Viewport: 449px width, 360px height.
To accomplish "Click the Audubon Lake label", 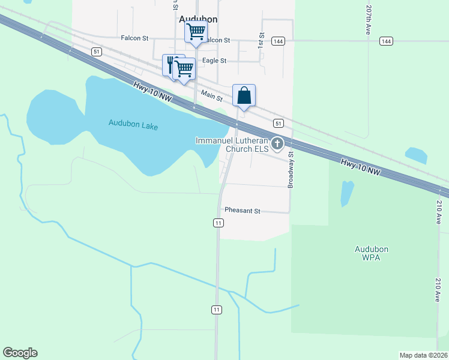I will coord(133,124).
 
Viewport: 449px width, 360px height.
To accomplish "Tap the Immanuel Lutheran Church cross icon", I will coord(277,143).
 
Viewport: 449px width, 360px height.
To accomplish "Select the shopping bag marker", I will coord(244,96).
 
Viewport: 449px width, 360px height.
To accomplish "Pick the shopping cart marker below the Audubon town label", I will coord(196,32).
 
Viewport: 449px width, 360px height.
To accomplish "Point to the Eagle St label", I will coord(214,61).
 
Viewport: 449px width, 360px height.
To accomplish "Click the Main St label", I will coord(212,95).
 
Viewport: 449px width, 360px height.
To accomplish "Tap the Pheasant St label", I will coord(243,211).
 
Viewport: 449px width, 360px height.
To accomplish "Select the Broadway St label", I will coord(291,170).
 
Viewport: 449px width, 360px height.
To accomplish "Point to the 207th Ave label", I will coord(368,20).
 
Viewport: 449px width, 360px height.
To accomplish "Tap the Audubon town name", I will coord(198,19).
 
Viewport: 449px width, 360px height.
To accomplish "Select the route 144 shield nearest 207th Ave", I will coord(387,41).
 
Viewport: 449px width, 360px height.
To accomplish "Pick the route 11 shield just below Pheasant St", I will coord(218,223).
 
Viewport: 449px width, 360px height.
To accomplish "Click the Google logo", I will coord(20,353).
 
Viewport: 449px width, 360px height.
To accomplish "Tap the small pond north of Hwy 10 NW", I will coord(416,155).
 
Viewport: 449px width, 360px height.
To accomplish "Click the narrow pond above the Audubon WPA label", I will coord(347,193).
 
